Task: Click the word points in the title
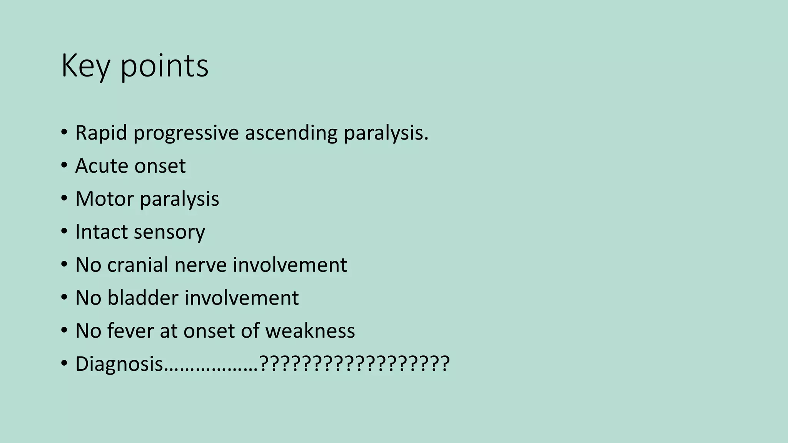click(164, 67)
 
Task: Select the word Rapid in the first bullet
click(101, 133)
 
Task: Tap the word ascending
click(291, 133)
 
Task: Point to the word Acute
click(101, 166)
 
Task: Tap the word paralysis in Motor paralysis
click(179, 199)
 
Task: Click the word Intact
click(101, 232)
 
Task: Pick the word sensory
click(170, 232)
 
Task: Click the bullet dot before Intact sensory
click(64, 232)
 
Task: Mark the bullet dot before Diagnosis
click(64, 364)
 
